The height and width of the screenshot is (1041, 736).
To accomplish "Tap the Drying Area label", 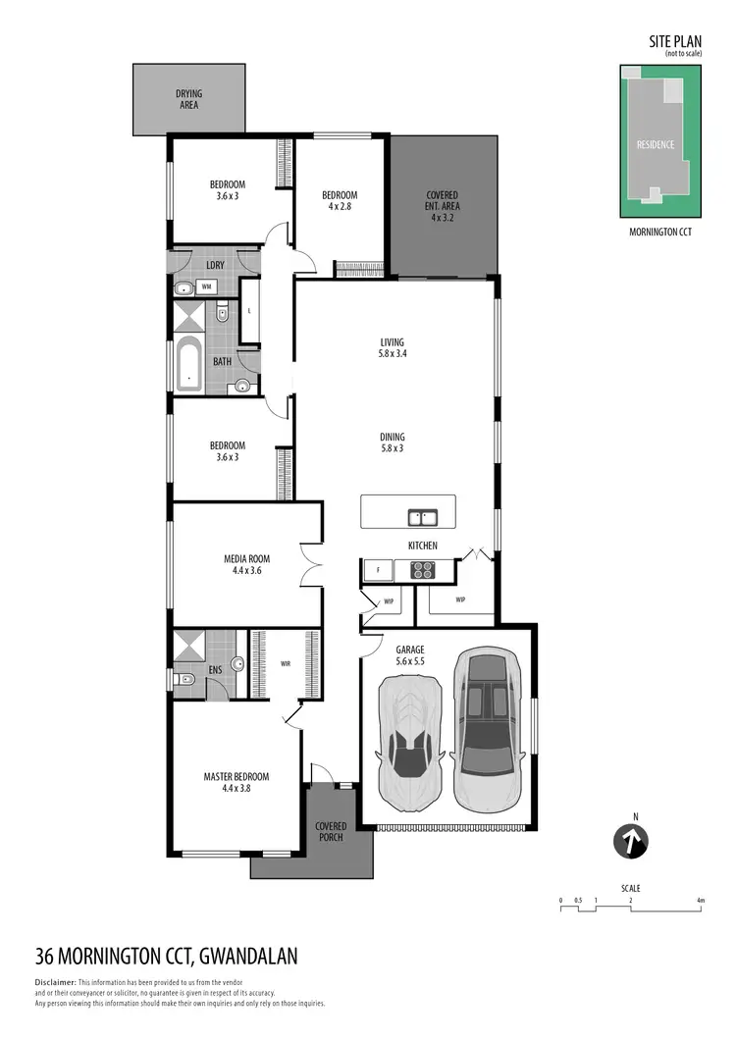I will pos(188,99).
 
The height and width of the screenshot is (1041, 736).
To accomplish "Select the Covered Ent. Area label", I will pos(443,206).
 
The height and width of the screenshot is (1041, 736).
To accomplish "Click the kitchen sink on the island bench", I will pos(423,516).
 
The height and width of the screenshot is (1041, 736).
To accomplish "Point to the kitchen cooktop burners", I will pos(422,568).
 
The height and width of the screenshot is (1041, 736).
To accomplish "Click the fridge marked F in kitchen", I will pos(377,569).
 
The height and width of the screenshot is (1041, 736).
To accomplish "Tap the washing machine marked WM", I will pos(207,287).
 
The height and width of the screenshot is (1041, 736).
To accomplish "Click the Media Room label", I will pos(246,564).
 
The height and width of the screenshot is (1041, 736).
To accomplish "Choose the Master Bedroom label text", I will pos(236,782).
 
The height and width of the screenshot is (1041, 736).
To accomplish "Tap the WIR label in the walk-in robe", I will pos(285,664).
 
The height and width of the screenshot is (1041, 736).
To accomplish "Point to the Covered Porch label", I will pos(331,832).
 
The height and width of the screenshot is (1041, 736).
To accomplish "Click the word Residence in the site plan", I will pos(656,145).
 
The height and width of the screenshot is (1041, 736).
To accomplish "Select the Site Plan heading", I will pos(675,41).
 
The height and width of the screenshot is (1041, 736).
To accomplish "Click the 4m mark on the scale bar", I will pos(700,899).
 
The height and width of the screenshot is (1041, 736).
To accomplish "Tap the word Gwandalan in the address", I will pos(248,956).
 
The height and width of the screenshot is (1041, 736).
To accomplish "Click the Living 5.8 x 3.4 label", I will pos(393,348).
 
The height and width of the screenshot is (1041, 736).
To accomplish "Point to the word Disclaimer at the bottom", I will pos(55,982).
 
